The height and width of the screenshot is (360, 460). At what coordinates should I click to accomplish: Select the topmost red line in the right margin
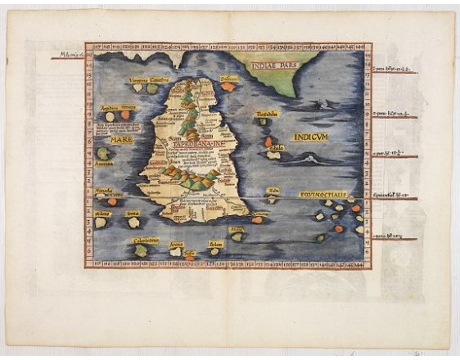pyautogui.click(x=395, y=69)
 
